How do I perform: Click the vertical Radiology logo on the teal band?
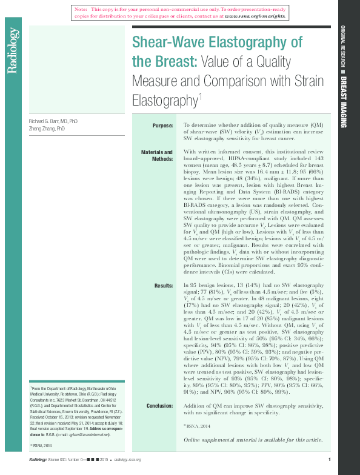[12, 51]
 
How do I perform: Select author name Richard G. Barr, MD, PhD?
[53, 122]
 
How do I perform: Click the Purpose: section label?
[162, 125]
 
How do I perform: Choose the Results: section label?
[164, 285]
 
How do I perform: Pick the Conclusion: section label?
[159, 405]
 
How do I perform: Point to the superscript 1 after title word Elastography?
[200, 95]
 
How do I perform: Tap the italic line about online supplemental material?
[253, 439]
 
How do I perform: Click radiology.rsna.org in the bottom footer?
[127, 459]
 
